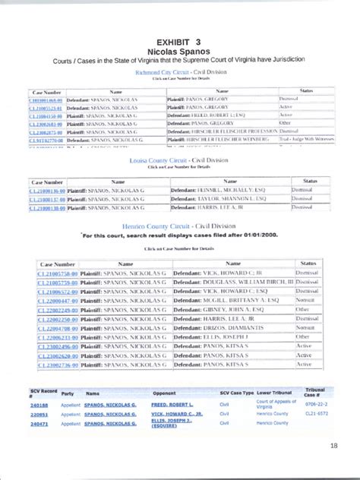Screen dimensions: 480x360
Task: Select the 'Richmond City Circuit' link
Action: coord(179,72)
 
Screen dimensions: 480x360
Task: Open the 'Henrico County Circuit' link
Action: coord(179,226)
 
